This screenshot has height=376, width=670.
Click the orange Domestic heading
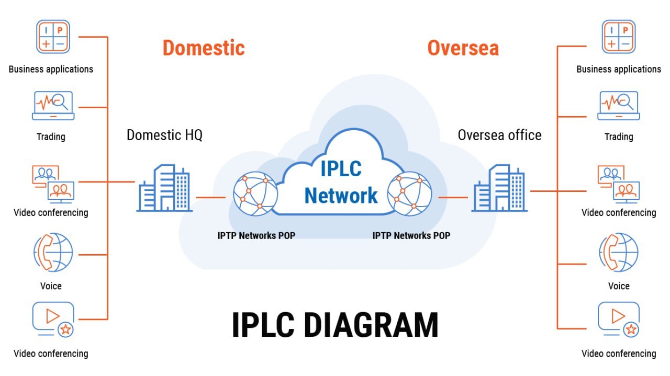coord(204,48)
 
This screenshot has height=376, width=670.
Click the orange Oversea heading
coord(463,48)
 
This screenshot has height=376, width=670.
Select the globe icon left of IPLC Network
coord(255,193)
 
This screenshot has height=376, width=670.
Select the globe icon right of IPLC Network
coord(409,193)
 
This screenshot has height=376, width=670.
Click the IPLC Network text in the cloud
coord(341,183)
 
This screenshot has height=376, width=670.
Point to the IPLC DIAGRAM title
coord(335,325)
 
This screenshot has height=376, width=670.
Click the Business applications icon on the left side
coord(53,37)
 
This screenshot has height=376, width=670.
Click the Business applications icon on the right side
coord(618,37)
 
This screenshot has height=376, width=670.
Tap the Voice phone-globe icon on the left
coord(53,253)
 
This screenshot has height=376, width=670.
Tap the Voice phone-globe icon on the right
coord(618,253)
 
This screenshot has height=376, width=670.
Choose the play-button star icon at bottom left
coord(53,319)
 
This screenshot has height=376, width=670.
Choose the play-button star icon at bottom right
coord(618,319)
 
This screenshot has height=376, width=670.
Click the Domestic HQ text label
coord(164,135)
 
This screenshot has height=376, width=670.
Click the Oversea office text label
coord(499,135)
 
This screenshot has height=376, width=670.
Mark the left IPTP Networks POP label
coord(256,235)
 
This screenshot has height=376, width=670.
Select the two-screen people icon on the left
coord(53,184)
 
